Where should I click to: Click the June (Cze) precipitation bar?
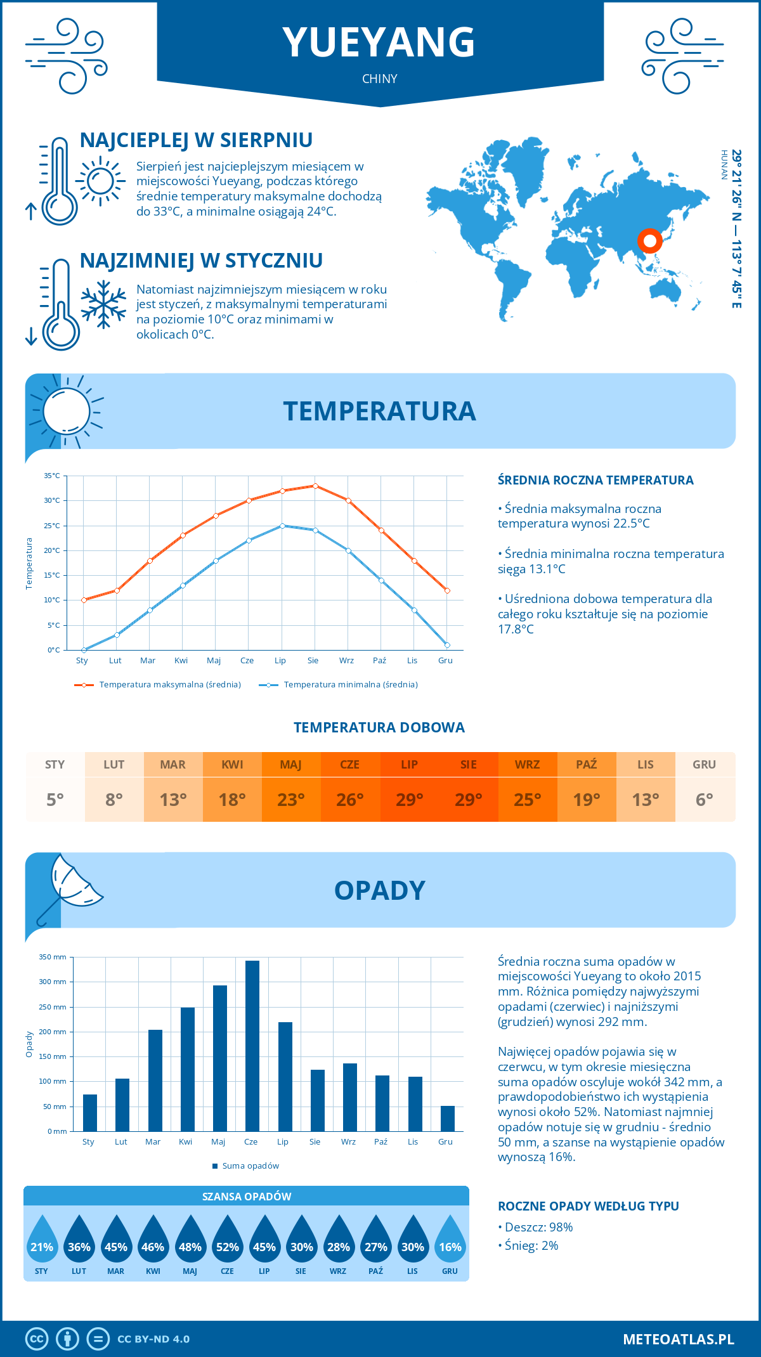tap(252, 1046)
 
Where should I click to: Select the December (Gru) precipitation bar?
tap(448, 1119)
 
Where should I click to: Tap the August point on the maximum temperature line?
tap(315, 486)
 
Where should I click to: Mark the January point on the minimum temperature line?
tap(84, 650)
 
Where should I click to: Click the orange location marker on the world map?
tap(649, 240)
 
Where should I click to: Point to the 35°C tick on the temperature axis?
tap(52, 476)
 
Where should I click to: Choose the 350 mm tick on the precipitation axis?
tap(53, 957)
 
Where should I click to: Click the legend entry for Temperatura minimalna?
tap(339, 685)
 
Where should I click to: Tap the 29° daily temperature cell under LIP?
tap(409, 800)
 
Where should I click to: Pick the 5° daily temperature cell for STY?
tap(55, 800)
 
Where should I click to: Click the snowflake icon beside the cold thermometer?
tap(103, 304)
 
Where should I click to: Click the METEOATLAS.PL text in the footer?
tap(678, 1339)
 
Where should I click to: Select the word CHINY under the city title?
tap(380, 79)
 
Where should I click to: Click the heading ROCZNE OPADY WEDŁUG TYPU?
tap(588, 1206)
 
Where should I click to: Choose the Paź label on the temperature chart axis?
tap(379, 661)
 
